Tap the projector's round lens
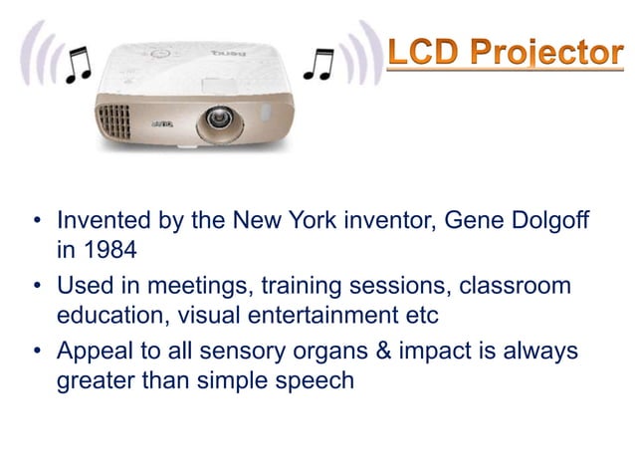[216, 123]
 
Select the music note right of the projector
[319, 65]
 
